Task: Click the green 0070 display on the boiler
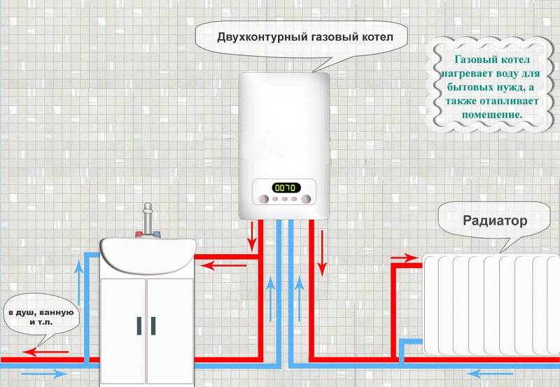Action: tap(286, 187)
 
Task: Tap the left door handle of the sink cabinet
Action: tap(139, 325)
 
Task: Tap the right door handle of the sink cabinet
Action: tap(153, 325)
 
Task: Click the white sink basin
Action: tap(147, 252)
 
